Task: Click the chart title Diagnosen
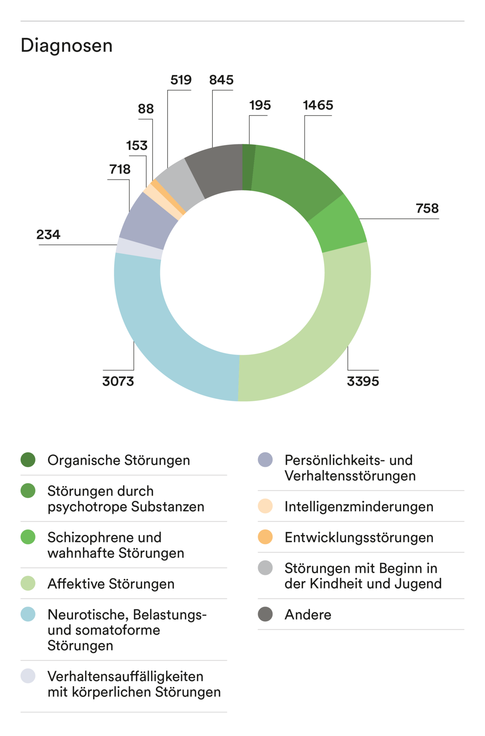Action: pos(67,45)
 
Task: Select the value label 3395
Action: pos(363,381)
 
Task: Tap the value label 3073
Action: pos(118,381)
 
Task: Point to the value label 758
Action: pos(427,208)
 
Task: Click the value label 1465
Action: pos(318,105)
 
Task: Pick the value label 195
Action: pos(260,105)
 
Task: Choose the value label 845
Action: pos(221,80)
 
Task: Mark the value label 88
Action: pos(145,109)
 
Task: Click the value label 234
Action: pos(48,234)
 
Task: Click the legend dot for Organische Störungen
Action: pos(28,460)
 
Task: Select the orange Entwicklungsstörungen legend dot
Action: pos(265,537)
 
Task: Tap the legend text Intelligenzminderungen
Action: pos(359,506)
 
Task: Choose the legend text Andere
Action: pos(308,615)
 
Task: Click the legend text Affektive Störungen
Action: pos(111,584)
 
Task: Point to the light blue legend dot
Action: pos(28,615)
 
